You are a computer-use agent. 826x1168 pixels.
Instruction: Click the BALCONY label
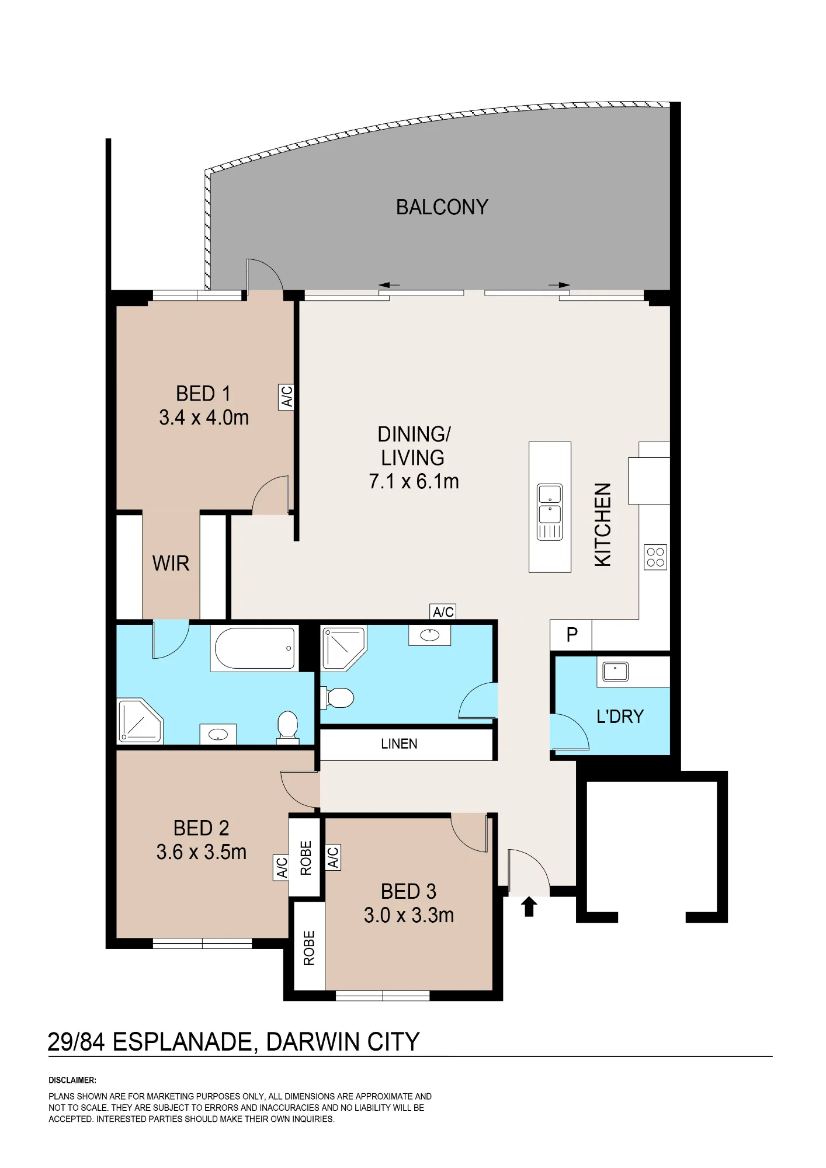(x=442, y=207)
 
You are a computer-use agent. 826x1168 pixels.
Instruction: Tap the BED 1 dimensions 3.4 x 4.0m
(x=204, y=418)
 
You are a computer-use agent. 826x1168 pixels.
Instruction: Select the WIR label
(x=171, y=564)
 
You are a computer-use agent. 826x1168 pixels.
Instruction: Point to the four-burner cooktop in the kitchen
(x=655, y=557)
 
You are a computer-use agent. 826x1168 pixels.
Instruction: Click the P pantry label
(x=572, y=634)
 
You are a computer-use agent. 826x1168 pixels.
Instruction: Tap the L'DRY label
(x=620, y=717)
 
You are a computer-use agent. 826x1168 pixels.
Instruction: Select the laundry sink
(x=615, y=672)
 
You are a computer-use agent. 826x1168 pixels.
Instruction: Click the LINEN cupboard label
(x=399, y=744)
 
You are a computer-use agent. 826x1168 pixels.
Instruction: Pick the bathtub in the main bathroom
(x=255, y=648)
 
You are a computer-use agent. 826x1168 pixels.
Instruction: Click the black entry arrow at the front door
(x=529, y=906)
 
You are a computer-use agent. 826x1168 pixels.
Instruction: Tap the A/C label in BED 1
(x=286, y=397)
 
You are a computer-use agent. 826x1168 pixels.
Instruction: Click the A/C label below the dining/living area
(x=443, y=611)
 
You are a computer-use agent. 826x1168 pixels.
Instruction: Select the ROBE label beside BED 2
(x=306, y=858)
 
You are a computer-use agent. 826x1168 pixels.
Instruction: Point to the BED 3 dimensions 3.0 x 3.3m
(x=409, y=915)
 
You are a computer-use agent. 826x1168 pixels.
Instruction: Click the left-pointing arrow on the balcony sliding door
(x=389, y=285)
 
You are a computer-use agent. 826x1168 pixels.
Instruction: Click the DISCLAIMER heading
(x=72, y=1080)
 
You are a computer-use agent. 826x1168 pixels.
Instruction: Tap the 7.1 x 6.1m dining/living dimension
(x=414, y=481)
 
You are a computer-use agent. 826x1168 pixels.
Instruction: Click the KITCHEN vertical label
(x=603, y=524)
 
